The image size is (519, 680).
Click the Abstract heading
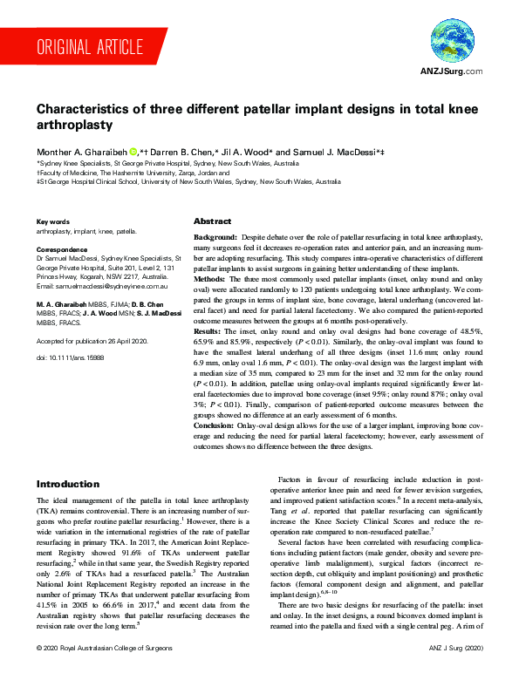pos(212,221)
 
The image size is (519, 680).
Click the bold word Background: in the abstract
pos(218,238)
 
